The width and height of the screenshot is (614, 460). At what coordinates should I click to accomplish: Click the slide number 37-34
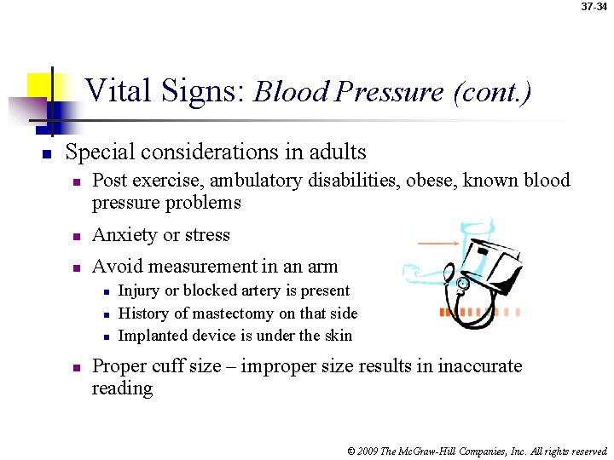(x=594, y=7)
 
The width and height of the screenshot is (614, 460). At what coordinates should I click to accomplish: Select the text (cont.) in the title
(x=493, y=91)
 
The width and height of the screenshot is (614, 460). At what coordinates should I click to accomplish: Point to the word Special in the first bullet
(x=98, y=152)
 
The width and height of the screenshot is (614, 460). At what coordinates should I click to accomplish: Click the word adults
(x=334, y=152)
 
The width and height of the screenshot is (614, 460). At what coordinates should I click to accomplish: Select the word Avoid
(x=115, y=267)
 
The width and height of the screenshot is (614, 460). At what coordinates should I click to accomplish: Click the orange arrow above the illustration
(x=439, y=244)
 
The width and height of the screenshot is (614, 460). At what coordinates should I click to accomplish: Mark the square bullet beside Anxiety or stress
(x=75, y=236)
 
